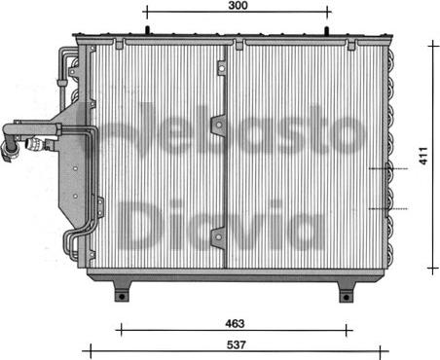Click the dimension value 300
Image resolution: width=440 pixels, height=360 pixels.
pyautogui.click(x=238, y=6)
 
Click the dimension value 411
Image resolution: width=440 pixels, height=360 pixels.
pyautogui.click(x=424, y=156)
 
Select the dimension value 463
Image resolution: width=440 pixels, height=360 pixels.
pyautogui.click(x=235, y=323)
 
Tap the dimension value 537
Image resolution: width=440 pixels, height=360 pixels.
pyautogui.click(x=236, y=344)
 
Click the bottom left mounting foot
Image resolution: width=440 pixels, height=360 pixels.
pyautogui.click(x=122, y=291)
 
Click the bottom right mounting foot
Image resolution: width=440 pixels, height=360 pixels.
pyautogui.click(x=347, y=292)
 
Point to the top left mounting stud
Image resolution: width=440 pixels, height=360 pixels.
pyautogui.click(x=147, y=30)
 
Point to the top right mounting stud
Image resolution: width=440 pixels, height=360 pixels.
pyautogui.click(x=327, y=30)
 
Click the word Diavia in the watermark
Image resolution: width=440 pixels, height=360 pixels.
pyautogui.click(x=221, y=225)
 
